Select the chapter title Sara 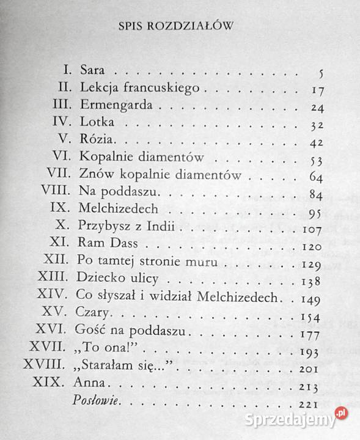pyautogui.click(x=91, y=72)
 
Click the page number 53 pyautogui.click(x=315, y=161)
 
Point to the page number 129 pyautogui.click(x=313, y=265)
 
